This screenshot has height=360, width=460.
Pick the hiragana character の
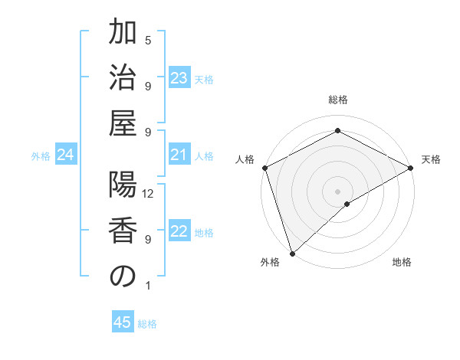point(123,277)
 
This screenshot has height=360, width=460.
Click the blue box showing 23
point(179,78)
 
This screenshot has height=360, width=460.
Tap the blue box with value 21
point(179,155)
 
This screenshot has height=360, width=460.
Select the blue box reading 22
point(179,232)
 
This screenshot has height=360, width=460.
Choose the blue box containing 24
point(65,155)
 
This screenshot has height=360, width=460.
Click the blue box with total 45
point(123,322)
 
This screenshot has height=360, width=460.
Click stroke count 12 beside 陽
point(149,194)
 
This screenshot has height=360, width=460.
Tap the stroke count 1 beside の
point(148,286)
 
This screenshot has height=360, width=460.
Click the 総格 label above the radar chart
point(337,100)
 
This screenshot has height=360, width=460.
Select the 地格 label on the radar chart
point(402,263)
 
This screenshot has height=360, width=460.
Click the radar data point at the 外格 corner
point(291,253)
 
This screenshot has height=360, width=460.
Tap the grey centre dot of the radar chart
point(337,191)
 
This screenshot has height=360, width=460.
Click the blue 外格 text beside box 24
point(41,156)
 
